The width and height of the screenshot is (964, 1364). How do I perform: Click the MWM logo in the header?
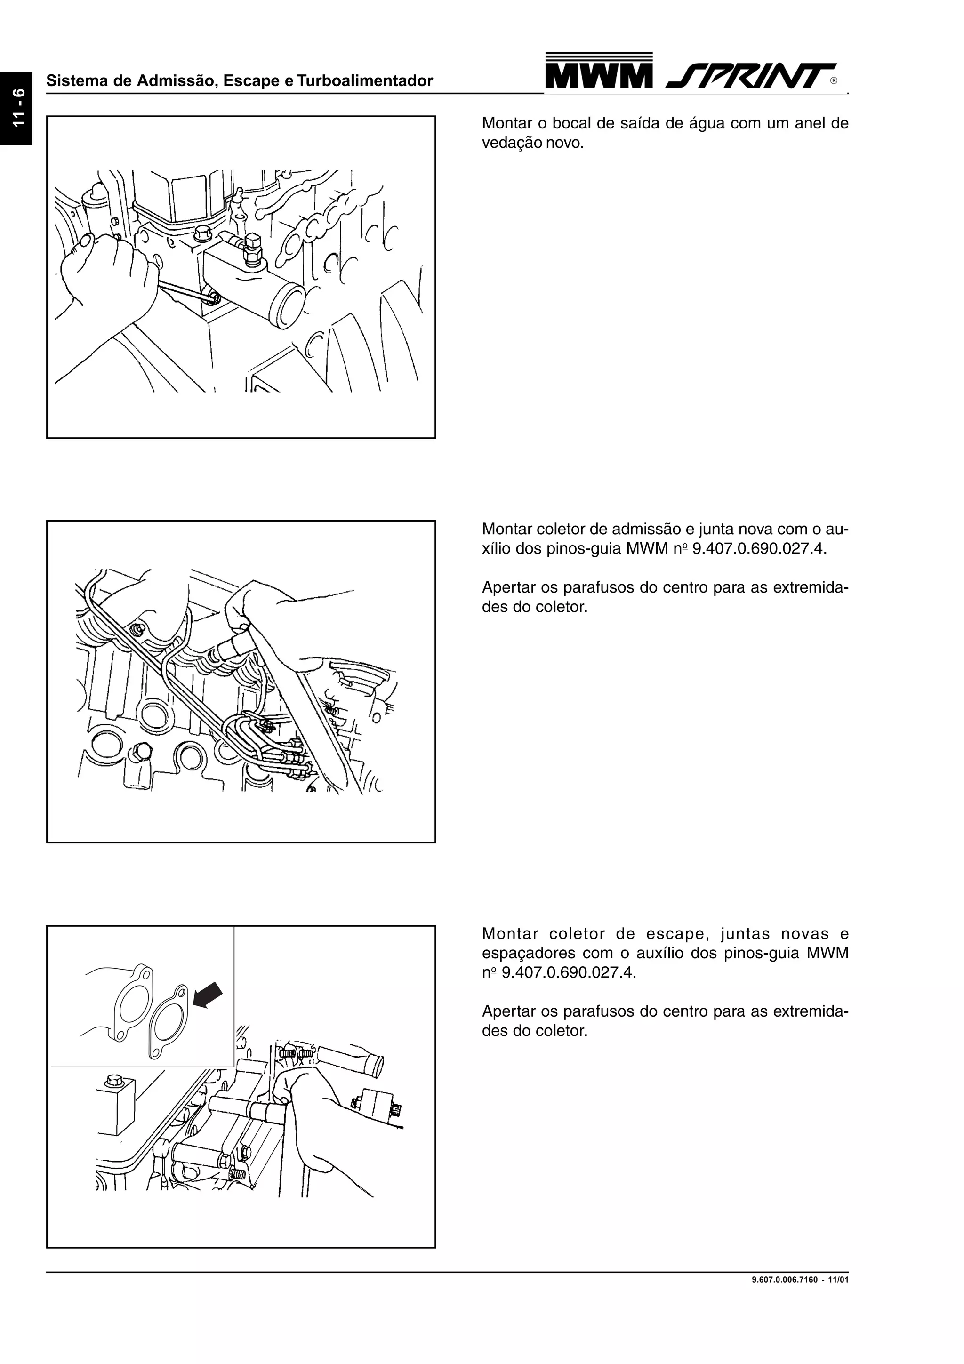coord(598,72)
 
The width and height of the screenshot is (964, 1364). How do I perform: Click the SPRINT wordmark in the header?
coord(751,76)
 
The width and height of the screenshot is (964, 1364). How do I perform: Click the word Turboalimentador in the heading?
coord(365,81)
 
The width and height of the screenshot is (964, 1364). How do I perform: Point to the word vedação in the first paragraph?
coord(508,143)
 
